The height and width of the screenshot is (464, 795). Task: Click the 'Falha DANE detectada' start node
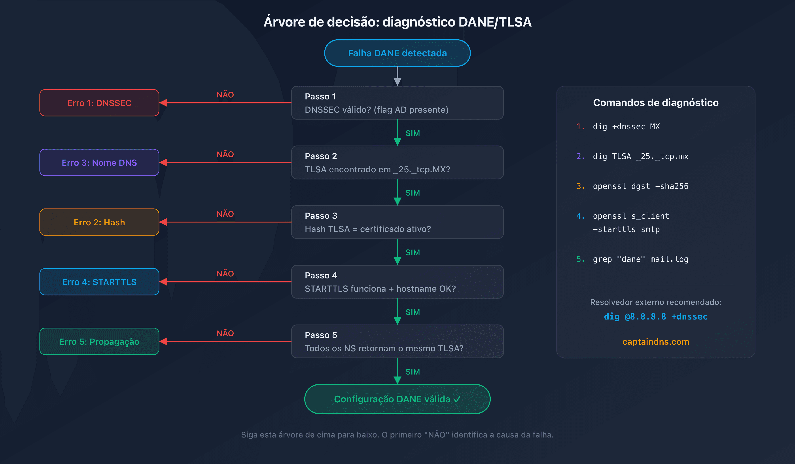(x=397, y=53)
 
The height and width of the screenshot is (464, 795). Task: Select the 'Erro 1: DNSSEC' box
(x=99, y=103)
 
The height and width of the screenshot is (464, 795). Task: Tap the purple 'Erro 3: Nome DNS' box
(x=99, y=163)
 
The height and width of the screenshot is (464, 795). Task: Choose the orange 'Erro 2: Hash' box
(x=99, y=222)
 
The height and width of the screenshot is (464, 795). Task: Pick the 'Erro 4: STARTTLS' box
(x=99, y=282)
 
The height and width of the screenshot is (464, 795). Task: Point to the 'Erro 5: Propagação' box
(x=99, y=342)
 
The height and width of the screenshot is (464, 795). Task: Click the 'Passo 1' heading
(x=320, y=97)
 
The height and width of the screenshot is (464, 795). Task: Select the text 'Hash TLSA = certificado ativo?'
(x=367, y=229)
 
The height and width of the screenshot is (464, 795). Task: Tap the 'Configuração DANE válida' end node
(x=397, y=399)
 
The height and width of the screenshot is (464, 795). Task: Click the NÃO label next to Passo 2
(x=225, y=154)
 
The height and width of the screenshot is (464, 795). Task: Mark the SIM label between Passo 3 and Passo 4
(x=412, y=253)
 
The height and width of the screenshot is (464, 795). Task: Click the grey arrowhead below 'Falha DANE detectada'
(x=397, y=82)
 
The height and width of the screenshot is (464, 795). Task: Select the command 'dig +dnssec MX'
(x=626, y=127)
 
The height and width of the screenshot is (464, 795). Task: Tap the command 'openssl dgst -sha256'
(x=640, y=186)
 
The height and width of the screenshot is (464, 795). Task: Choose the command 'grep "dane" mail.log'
(x=640, y=259)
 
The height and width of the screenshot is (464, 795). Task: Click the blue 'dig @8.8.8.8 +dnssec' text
(x=656, y=317)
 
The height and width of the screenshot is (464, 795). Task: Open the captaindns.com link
(x=656, y=342)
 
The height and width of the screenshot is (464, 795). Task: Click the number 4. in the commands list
(x=581, y=216)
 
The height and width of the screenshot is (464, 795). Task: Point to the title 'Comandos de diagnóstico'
(x=656, y=103)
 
